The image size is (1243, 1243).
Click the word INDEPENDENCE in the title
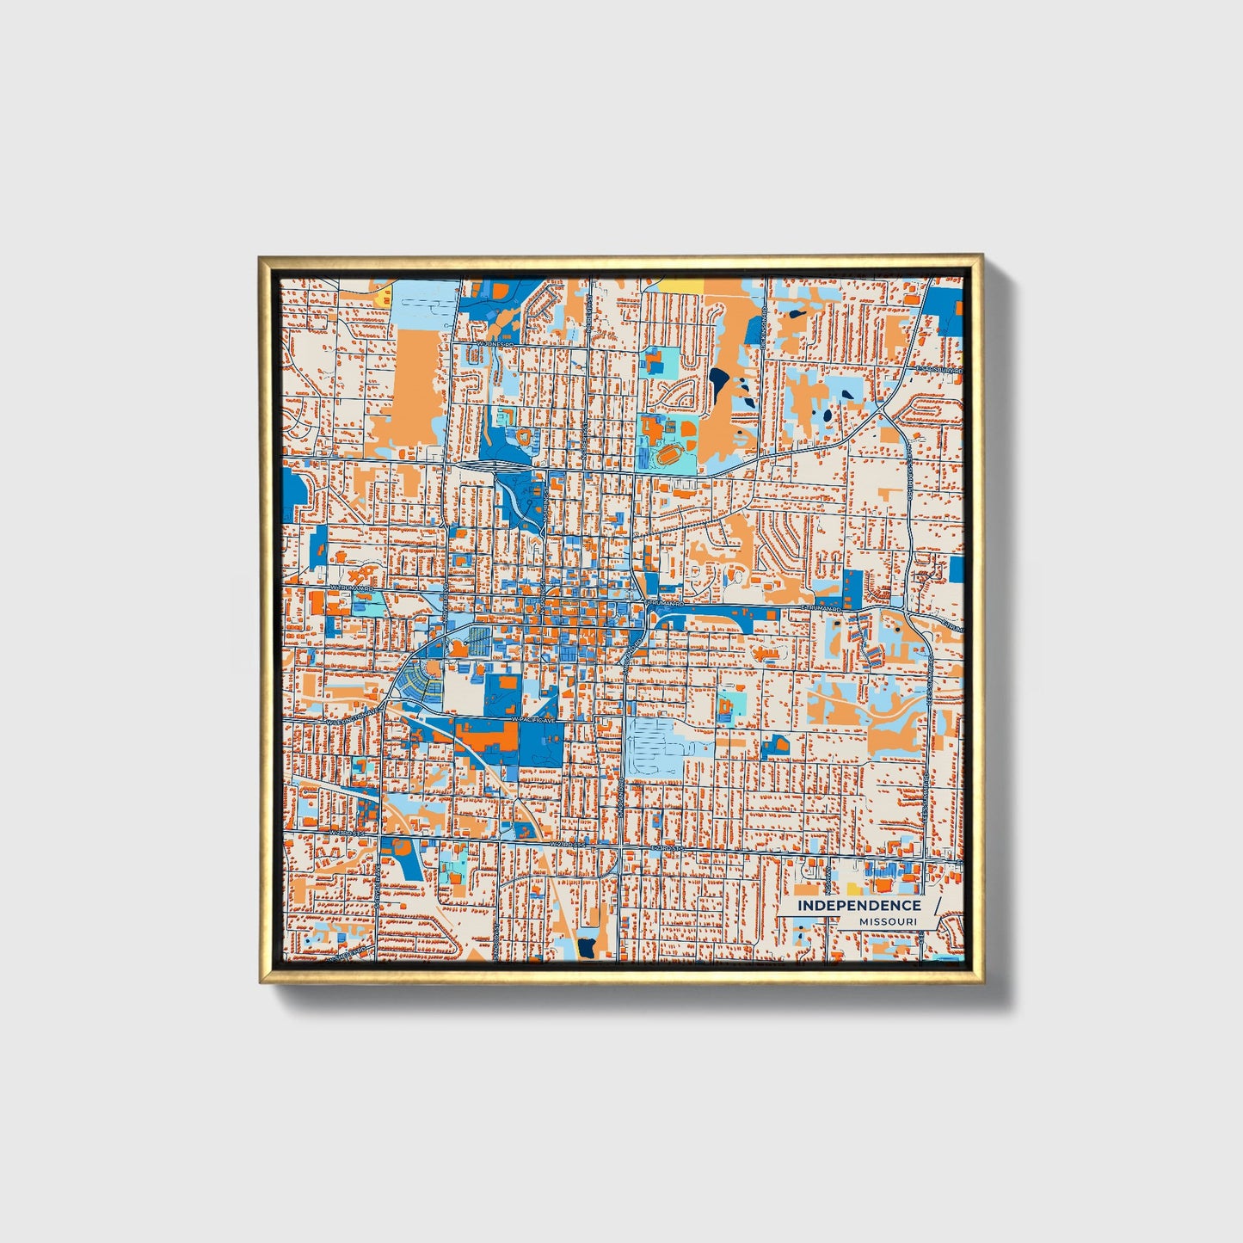click(x=858, y=905)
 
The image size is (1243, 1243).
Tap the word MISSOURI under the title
click(x=887, y=921)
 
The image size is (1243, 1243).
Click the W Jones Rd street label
click(x=495, y=343)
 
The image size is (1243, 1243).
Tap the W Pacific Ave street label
click(x=533, y=718)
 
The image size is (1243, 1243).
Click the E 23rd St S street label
click(x=672, y=847)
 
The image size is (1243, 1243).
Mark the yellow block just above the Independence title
click(x=854, y=888)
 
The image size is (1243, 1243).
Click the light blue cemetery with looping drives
click(x=654, y=746)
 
